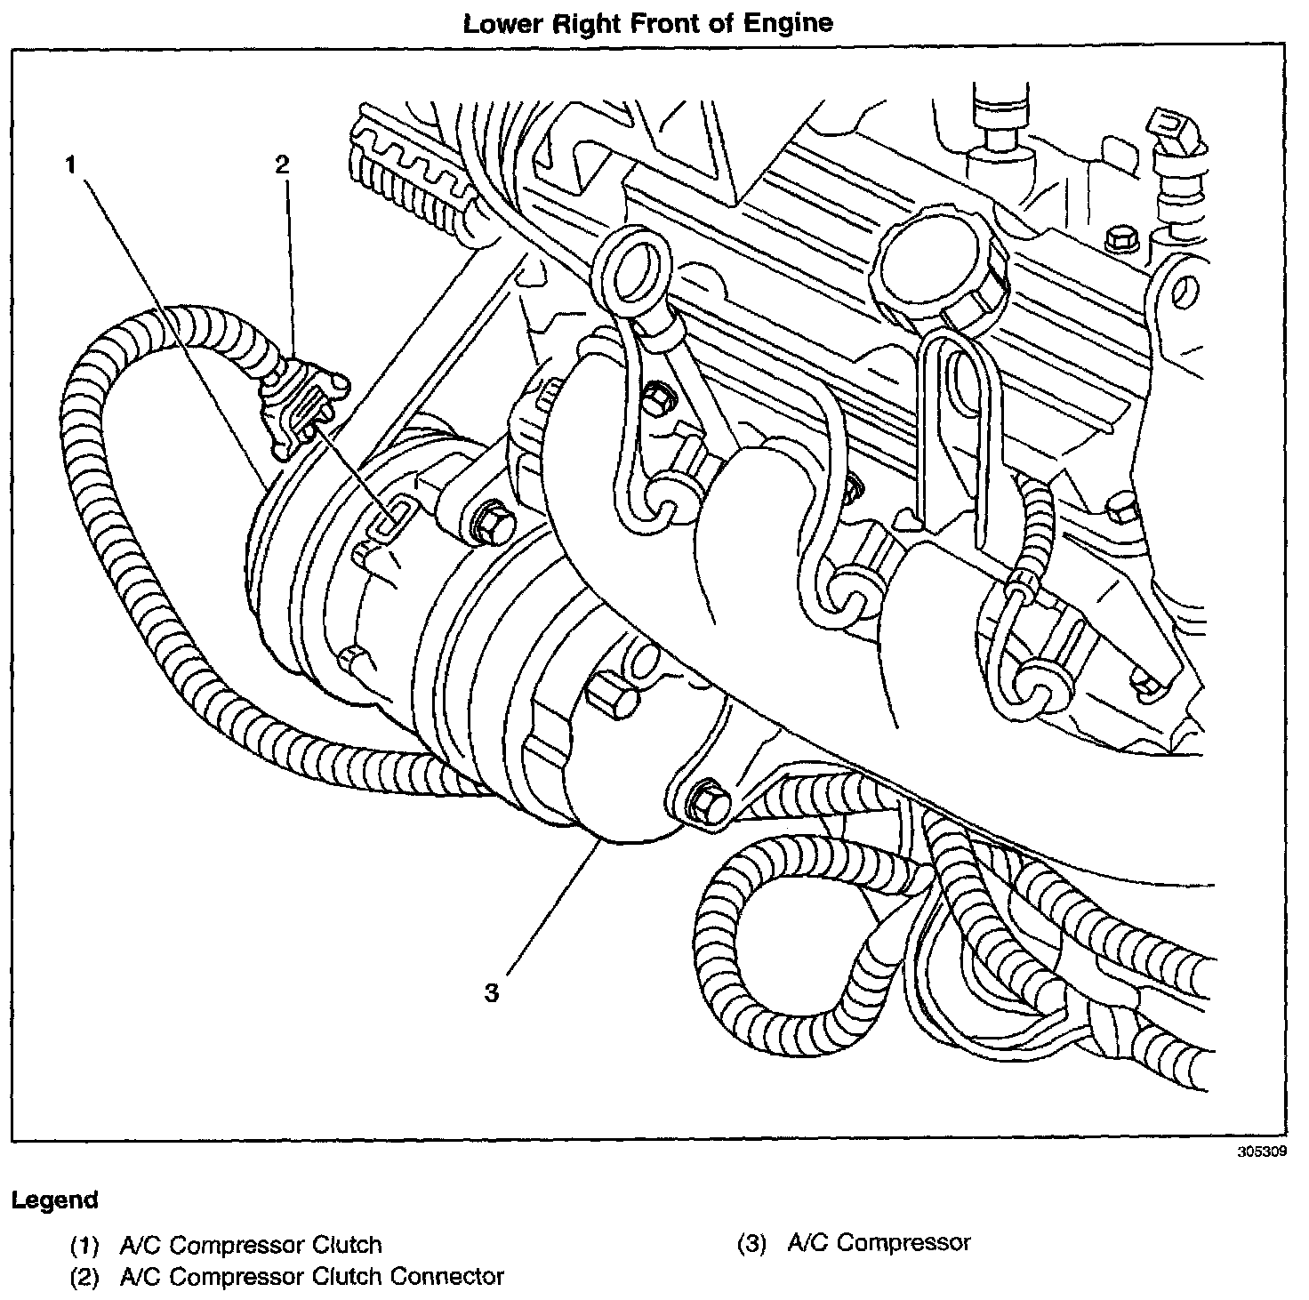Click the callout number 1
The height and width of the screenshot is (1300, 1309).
pyautogui.click(x=70, y=165)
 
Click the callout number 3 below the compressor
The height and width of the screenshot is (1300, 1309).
pyautogui.click(x=493, y=992)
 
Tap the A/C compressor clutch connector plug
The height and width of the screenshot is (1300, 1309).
pyautogui.click(x=301, y=405)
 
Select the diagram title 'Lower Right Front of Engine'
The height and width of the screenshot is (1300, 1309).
pyautogui.click(x=648, y=23)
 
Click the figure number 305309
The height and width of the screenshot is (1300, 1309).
pyautogui.click(x=1261, y=1152)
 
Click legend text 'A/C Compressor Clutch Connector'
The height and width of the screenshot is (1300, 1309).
pyautogui.click(x=311, y=1277)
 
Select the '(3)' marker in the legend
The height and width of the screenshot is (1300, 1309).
pyautogui.click(x=751, y=1243)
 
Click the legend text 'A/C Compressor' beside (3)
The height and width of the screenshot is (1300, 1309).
pyautogui.click(x=879, y=1243)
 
